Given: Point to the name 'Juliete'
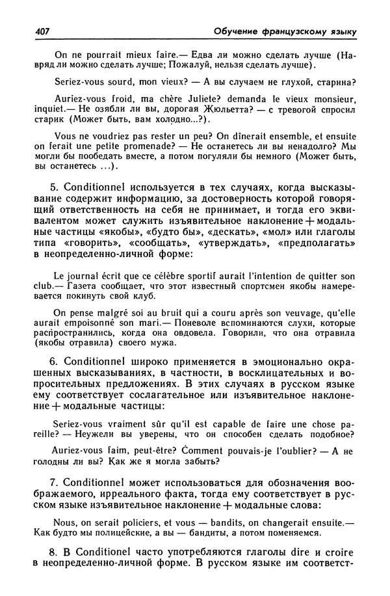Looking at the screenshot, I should [207, 99].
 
